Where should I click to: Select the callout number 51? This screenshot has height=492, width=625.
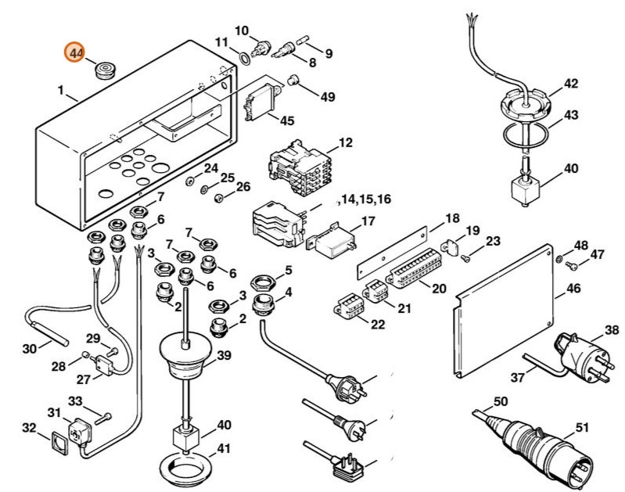point(581,427)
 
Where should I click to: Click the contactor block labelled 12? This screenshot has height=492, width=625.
point(300,166)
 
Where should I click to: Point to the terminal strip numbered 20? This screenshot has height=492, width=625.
point(411,274)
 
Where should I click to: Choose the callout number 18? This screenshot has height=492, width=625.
point(452,217)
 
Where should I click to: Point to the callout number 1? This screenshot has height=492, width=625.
point(61,91)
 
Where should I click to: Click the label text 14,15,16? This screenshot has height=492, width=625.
point(363,200)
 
